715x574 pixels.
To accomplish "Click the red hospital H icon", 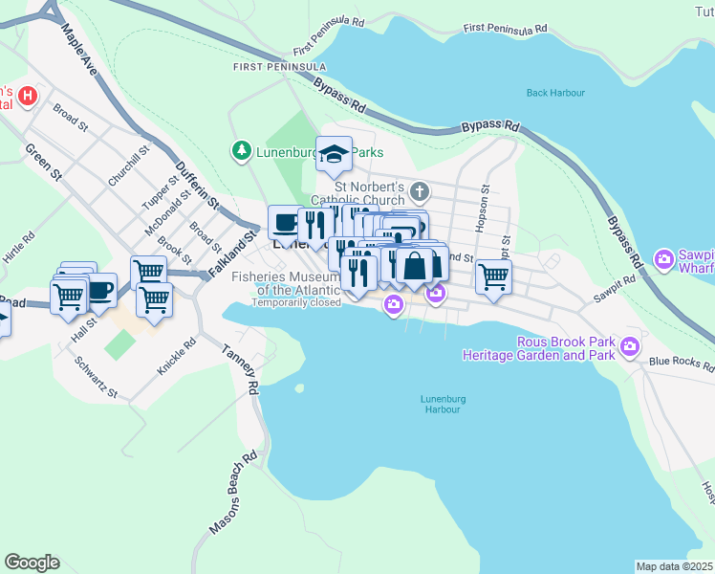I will [x=28, y=96].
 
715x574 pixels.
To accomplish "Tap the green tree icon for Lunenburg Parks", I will [x=241, y=150].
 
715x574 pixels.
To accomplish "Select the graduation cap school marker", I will [x=334, y=154].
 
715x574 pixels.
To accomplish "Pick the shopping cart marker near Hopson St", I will [x=493, y=277].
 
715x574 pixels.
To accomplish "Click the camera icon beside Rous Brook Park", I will [x=629, y=346].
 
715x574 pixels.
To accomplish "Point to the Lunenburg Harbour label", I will [x=440, y=404].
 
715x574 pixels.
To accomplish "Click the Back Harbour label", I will [x=555, y=93].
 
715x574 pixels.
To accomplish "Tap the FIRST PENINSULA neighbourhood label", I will [x=279, y=67].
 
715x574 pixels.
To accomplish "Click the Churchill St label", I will [x=130, y=166].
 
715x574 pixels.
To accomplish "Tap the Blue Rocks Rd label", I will [x=681, y=364].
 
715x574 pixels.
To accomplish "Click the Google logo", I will [x=32, y=563].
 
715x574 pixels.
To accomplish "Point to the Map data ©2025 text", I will [x=674, y=566].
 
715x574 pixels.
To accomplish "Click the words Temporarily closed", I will [x=296, y=302].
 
